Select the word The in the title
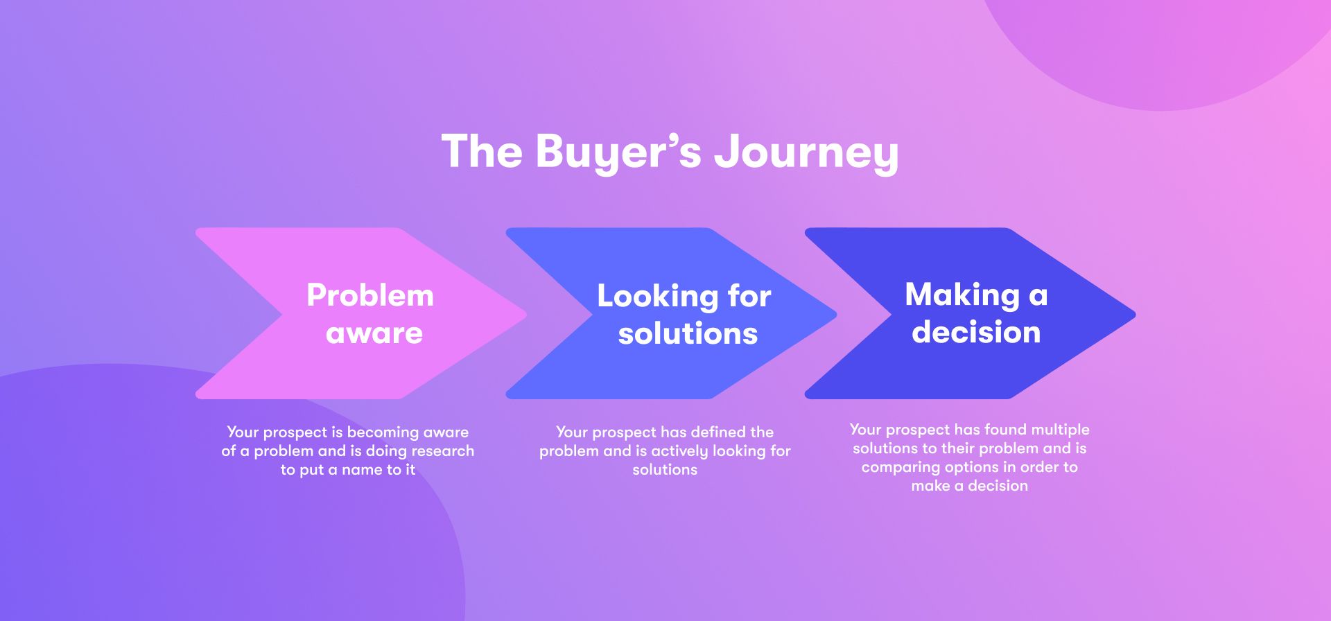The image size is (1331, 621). click(x=482, y=151)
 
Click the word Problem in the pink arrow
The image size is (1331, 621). click(x=370, y=296)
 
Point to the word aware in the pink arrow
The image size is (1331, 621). click(x=374, y=333)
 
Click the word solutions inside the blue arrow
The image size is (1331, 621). click(x=688, y=334)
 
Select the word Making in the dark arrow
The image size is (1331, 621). click(x=962, y=295)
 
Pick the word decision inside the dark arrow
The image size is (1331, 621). click(x=976, y=333)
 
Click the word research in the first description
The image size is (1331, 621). click(x=443, y=451)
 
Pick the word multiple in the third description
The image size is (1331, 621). click(x=1060, y=430)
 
